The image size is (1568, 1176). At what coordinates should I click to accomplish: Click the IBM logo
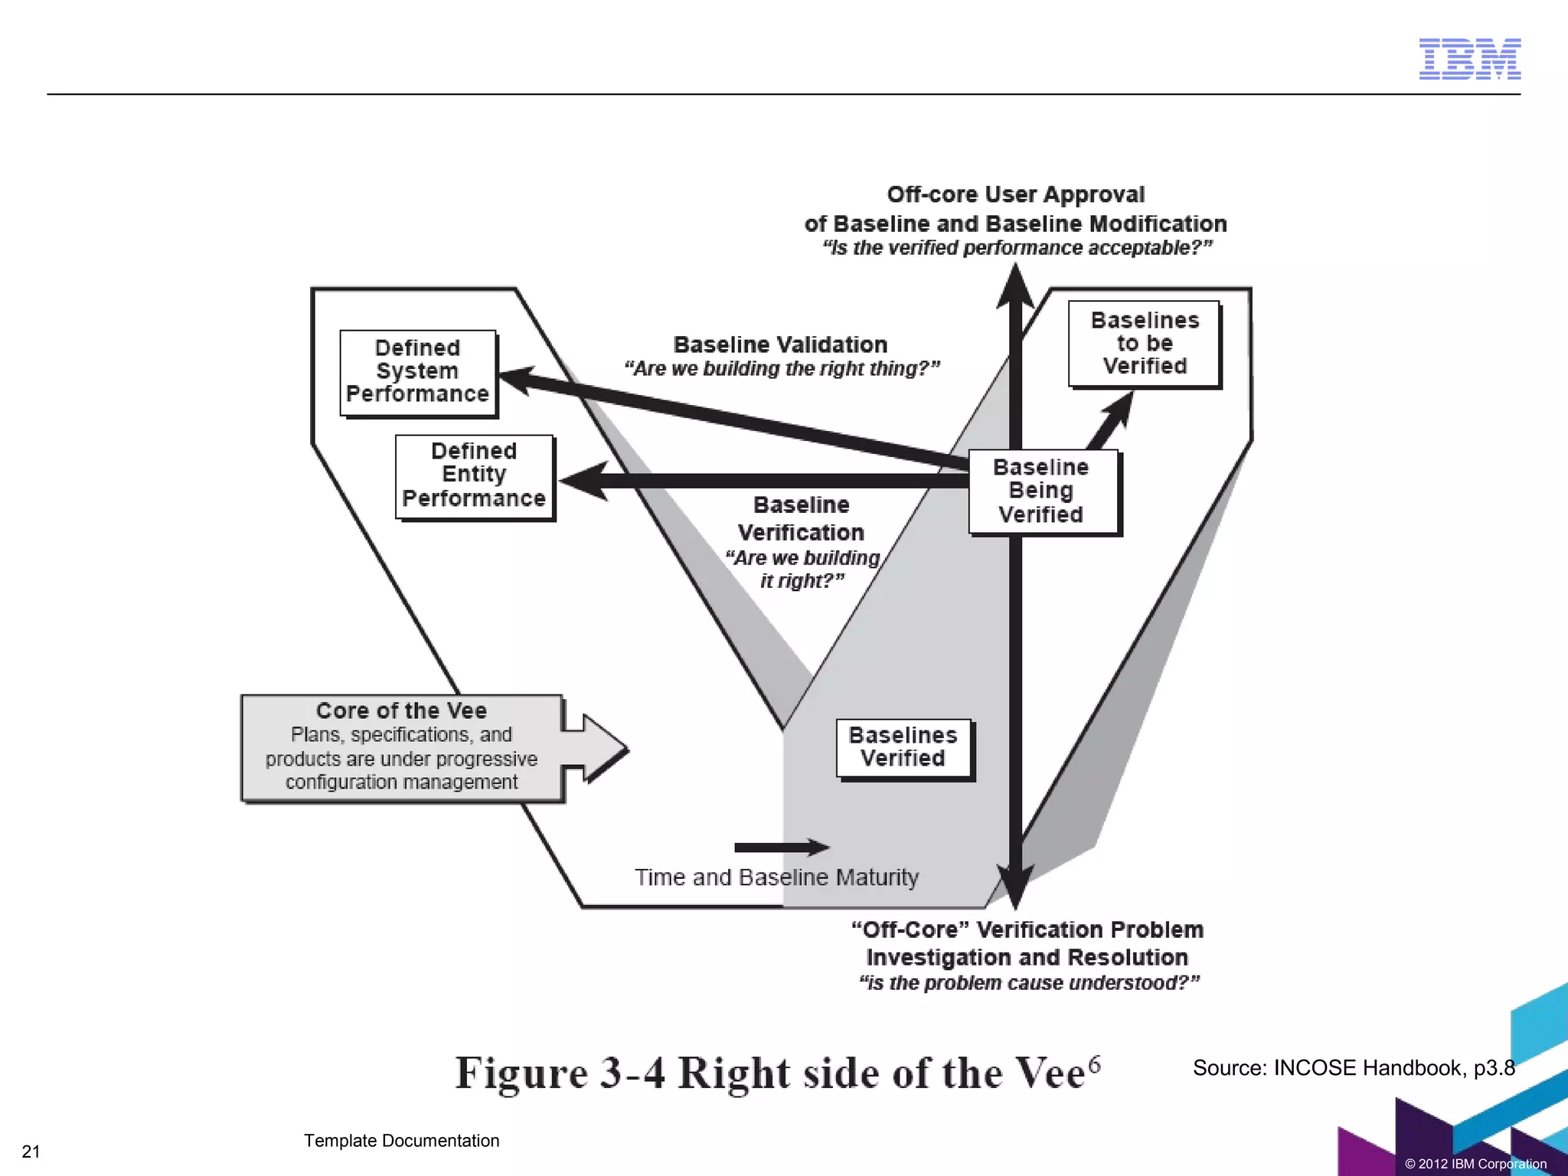(x=1469, y=59)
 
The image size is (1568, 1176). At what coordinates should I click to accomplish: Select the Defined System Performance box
(x=418, y=372)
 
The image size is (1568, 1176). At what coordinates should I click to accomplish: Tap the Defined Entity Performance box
(x=475, y=475)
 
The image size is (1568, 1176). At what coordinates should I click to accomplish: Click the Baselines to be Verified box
(x=1144, y=344)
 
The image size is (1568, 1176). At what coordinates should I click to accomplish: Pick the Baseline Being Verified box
(x=1042, y=491)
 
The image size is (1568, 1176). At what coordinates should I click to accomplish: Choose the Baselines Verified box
(x=903, y=748)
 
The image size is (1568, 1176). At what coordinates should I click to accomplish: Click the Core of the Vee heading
(x=401, y=710)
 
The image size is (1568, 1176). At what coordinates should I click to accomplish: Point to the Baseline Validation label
(x=780, y=345)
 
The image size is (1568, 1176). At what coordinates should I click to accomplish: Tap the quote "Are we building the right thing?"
(x=782, y=369)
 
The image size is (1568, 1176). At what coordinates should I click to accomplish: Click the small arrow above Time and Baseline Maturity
(x=781, y=847)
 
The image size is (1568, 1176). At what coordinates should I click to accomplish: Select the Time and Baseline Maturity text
(x=776, y=877)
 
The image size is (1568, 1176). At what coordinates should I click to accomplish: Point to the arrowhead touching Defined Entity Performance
(x=585, y=481)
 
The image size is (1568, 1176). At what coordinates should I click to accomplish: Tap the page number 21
(x=31, y=1151)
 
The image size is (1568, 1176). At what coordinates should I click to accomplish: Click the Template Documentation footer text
(x=401, y=1141)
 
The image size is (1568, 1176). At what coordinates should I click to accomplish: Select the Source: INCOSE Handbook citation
(x=1353, y=1068)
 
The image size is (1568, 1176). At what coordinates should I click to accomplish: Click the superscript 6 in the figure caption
(x=1095, y=1063)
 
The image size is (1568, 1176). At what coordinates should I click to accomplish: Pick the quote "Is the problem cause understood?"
(x=1028, y=983)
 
